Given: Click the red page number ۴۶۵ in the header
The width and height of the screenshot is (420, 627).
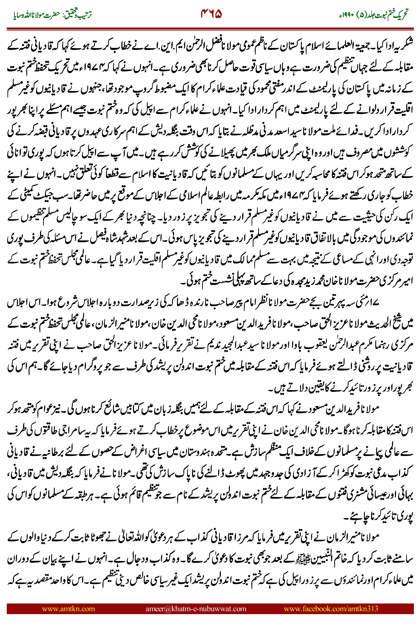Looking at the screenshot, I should point(211,14).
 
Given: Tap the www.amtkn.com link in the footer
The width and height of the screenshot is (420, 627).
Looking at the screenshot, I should point(68,608).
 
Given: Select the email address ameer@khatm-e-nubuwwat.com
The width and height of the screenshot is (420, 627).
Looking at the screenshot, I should point(196,608).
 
